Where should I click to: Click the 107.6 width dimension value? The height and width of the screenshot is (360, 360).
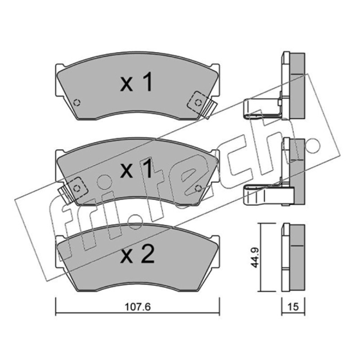[138, 307]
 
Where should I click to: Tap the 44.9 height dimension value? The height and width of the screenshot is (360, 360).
[255, 257]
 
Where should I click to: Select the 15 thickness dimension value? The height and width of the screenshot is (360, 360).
[293, 307]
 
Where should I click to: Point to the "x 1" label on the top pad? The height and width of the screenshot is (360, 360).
[137, 82]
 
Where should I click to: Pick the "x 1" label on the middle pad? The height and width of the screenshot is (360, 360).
[137, 168]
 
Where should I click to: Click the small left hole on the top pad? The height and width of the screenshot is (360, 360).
[77, 103]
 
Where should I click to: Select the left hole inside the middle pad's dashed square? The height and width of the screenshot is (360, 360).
[76, 189]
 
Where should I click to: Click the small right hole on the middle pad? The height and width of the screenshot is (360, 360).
[198, 189]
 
